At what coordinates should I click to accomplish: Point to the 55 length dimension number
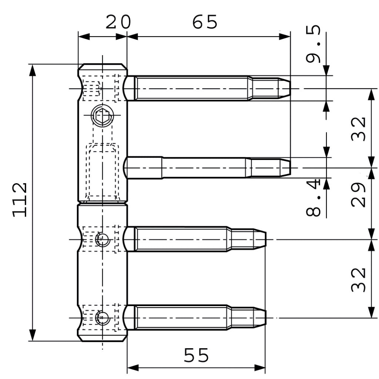197,356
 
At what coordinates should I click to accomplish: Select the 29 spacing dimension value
358,194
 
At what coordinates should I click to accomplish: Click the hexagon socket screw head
102,116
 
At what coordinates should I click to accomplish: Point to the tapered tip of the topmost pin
284,89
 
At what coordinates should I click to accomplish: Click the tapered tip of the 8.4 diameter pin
285,168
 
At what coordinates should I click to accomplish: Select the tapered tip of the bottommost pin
260,318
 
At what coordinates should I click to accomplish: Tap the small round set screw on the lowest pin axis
102,318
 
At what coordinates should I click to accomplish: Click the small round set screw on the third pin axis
102,240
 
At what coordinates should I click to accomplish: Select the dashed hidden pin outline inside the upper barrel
103,172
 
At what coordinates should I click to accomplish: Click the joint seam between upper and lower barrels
103,202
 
